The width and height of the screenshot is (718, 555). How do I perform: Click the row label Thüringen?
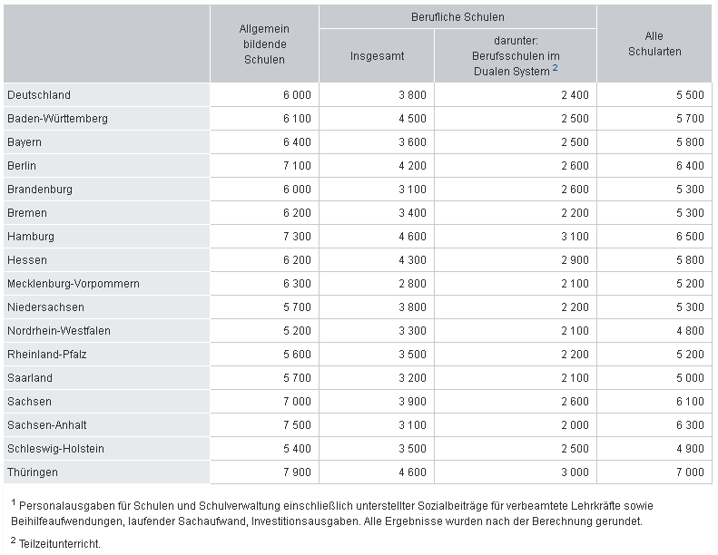[x=33, y=472]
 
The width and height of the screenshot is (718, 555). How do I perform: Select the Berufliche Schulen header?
[x=457, y=17]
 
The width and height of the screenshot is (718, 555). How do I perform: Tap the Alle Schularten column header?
[x=654, y=44]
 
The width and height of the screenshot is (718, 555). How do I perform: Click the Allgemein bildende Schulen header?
[x=264, y=44]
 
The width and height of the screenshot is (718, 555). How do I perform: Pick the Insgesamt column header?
[x=377, y=56]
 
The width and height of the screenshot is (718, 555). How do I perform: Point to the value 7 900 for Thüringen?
[x=297, y=472]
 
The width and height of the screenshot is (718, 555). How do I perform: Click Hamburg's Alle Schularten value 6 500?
[x=690, y=236]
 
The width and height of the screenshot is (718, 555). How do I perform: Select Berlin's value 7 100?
[x=297, y=165]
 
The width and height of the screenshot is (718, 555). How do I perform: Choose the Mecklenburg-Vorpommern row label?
[x=74, y=283]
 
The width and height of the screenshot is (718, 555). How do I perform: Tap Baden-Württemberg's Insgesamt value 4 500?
[x=412, y=118]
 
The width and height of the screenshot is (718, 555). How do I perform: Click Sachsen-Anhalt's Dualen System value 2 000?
[x=575, y=424]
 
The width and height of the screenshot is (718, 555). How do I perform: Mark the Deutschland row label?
[x=39, y=94]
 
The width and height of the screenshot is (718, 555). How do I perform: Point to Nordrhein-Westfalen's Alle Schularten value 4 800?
[x=690, y=330]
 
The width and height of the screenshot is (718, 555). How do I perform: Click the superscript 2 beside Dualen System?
[x=555, y=68]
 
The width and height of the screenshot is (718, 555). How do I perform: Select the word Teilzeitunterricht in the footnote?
[x=60, y=544]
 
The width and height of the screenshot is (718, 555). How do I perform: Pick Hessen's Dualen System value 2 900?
[x=575, y=259]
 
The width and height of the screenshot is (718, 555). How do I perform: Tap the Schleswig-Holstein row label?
[x=55, y=448]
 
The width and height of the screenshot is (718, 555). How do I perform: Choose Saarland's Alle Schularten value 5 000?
[x=690, y=377]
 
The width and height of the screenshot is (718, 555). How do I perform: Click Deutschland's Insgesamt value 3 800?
[x=412, y=94]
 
